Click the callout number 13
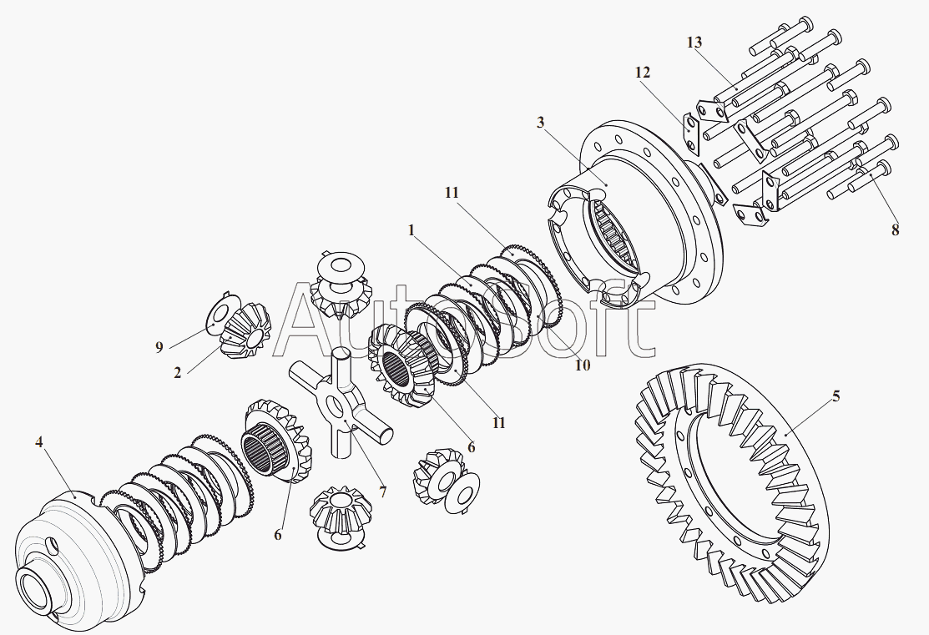[x=694, y=43]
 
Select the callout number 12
[x=643, y=73]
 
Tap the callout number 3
[x=540, y=123]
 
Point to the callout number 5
[x=836, y=396]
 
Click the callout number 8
[x=896, y=229]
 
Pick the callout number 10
[x=583, y=365]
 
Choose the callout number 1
[x=411, y=229]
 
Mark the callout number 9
[x=159, y=347]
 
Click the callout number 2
[x=178, y=373]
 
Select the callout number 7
[x=383, y=491]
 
